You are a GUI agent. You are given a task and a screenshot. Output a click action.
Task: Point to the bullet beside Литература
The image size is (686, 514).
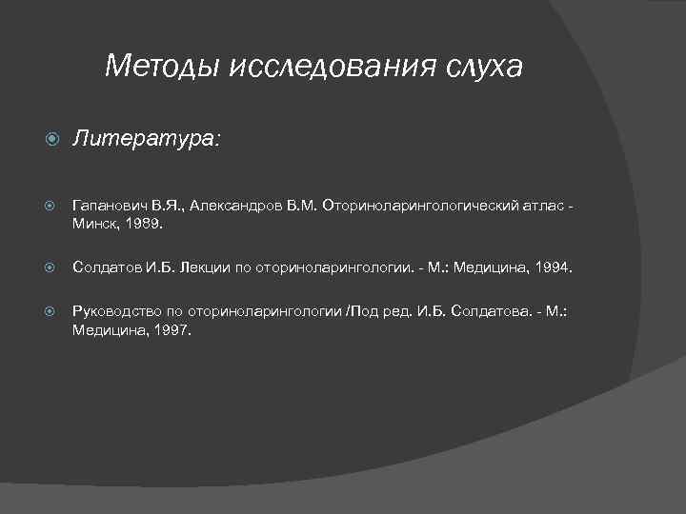coord(51,140)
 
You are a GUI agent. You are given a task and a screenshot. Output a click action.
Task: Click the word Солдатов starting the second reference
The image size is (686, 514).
coord(106,268)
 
